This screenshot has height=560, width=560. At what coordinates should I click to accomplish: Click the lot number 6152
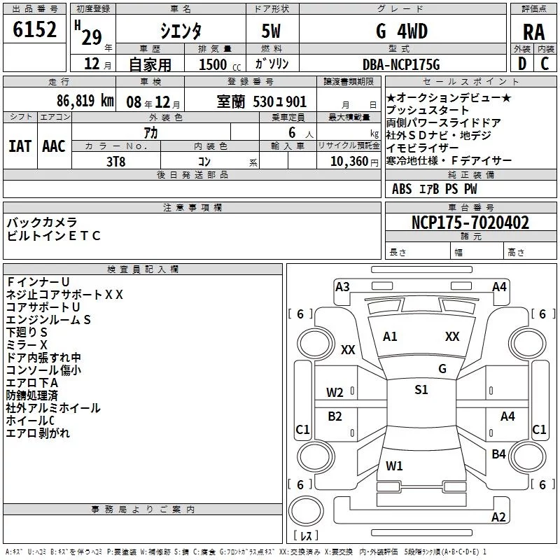pos(34,29)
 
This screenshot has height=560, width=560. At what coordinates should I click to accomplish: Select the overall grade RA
pos(533,32)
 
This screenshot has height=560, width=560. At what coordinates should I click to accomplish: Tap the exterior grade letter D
pos(521,64)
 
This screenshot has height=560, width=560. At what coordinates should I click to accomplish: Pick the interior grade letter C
pos(545,64)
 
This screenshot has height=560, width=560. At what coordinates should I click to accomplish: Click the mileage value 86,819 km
pos(85,101)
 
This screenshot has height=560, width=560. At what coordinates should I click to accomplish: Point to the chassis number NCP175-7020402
pos(470,223)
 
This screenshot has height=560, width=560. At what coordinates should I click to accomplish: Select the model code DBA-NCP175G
pos(401,64)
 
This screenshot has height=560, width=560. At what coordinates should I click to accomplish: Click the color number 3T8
pos(115,162)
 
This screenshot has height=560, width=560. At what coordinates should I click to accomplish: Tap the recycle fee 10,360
pos(349,161)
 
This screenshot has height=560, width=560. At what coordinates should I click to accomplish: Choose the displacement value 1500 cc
pos(220,64)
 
